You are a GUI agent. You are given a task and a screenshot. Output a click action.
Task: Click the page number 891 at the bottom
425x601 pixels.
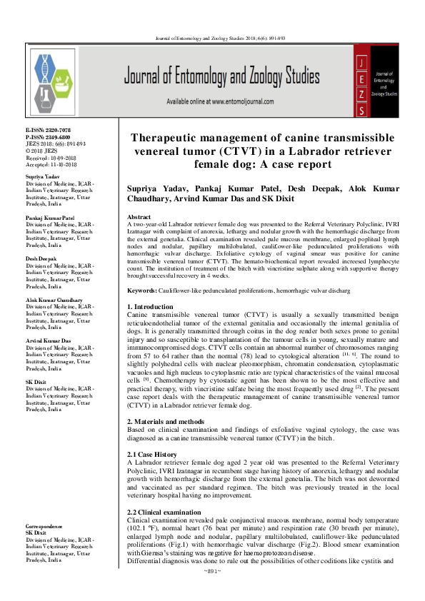click(213, 592)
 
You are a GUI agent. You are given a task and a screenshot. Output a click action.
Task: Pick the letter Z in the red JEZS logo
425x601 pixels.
click(361, 95)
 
